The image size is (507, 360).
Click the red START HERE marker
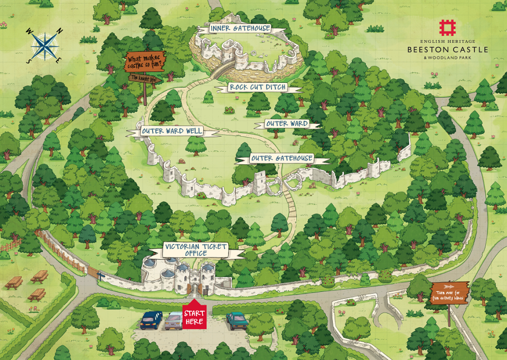tap(194, 315)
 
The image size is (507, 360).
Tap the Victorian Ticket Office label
tap(196, 250)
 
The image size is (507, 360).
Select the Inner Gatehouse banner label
tap(240, 29)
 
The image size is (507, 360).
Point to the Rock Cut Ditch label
tap(258, 87)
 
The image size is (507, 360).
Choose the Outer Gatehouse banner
tap(281, 158)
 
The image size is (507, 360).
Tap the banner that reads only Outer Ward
tap(287, 124)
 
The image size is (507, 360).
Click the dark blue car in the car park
tap(151, 319)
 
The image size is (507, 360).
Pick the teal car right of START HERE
tap(236, 320)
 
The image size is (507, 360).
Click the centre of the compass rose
tap(45, 46)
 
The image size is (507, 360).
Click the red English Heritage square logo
tap(447, 27)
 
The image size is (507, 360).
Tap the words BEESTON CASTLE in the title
tap(447, 50)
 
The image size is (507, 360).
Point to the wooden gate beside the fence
tap(93, 273)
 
